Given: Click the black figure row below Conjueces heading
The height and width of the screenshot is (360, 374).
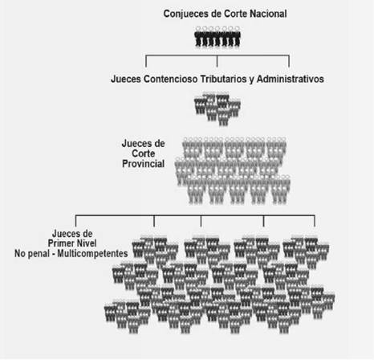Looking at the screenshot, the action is (217, 37).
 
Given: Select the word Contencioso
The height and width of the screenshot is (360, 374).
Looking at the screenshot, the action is (170, 79).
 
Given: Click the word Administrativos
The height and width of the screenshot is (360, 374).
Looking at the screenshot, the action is (291, 79).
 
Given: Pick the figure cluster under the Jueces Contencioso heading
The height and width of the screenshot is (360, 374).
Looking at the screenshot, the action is (217, 108).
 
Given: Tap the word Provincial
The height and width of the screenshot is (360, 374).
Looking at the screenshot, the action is (143, 164).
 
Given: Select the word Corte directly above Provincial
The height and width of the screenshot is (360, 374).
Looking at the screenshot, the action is (144, 153).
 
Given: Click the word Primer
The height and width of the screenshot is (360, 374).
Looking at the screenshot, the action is (59, 243).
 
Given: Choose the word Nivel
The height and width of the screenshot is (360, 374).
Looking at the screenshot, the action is (85, 243).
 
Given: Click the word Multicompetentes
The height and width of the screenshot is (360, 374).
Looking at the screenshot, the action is (92, 253).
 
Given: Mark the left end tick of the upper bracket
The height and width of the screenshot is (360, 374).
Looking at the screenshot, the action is (146, 61).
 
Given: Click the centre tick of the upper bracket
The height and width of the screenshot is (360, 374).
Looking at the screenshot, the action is (217, 61).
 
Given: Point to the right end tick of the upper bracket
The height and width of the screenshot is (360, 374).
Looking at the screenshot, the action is (289, 61).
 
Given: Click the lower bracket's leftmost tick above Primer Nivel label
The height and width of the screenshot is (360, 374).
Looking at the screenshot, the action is (75, 221).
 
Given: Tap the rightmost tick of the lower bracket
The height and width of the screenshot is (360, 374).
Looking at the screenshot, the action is (315, 221).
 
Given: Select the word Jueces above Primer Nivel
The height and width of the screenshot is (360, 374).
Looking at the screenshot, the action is (72, 233).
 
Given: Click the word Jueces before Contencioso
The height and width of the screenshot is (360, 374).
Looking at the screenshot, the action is (126, 79).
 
